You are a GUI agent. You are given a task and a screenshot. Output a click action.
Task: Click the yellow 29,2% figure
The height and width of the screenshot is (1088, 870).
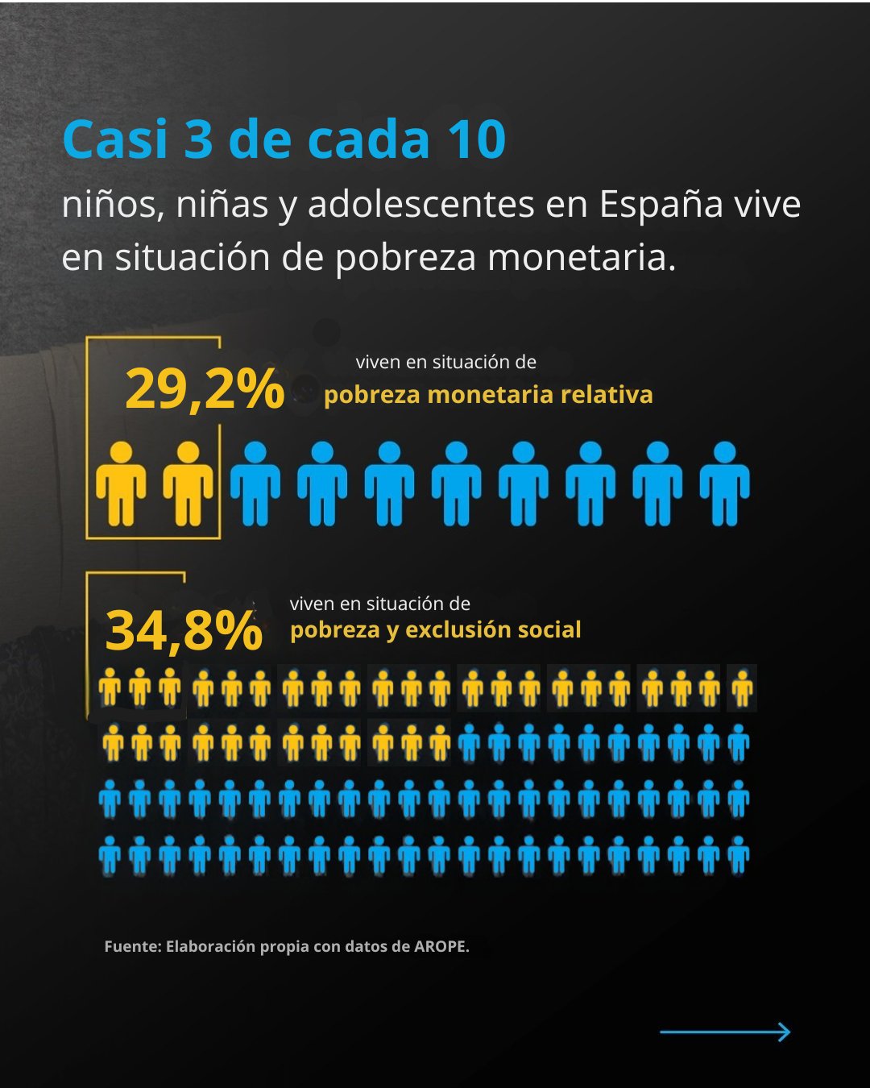click(x=205, y=389)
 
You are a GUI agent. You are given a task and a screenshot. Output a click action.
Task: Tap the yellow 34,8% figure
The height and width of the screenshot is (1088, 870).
click(x=184, y=631)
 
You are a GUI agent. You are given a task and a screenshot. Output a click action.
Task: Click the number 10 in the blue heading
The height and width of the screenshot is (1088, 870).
click(x=477, y=139)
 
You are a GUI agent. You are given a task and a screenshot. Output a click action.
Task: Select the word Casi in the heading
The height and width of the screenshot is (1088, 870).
click(x=115, y=139)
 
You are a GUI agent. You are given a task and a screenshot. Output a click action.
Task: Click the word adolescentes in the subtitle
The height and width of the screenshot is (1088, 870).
click(x=420, y=204)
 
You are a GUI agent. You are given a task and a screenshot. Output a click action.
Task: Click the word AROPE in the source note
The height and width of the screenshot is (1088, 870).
click(x=441, y=946)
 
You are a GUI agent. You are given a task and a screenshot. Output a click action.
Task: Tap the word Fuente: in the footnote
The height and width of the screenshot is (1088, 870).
click(x=132, y=946)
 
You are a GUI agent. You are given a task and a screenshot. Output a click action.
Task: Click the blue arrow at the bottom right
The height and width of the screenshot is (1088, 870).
click(x=725, y=1032)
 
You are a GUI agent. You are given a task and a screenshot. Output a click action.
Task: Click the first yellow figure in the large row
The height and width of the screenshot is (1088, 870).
click(x=121, y=484)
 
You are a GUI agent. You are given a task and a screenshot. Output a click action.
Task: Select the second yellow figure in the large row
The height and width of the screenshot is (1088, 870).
click(x=188, y=484)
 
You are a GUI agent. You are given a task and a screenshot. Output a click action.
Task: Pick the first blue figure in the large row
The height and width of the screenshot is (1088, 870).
click(x=255, y=484)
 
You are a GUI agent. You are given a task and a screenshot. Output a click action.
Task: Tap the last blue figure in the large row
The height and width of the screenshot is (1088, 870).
click(x=724, y=484)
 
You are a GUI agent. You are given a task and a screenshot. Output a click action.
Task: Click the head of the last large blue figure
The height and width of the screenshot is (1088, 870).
click(x=724, y=453)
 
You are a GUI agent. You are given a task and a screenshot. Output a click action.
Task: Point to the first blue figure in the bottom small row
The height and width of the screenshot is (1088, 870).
click(x=110, y=855)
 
